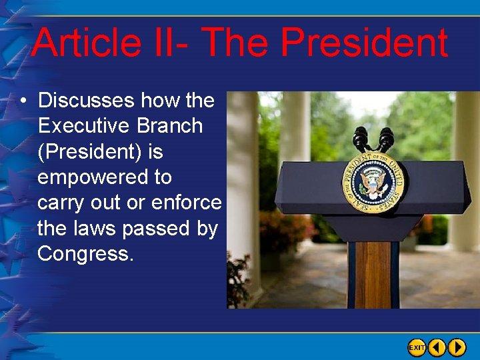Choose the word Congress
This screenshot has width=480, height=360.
[85, 254]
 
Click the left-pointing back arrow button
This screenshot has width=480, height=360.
[437, 347]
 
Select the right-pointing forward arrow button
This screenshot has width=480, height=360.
[457, 347]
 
